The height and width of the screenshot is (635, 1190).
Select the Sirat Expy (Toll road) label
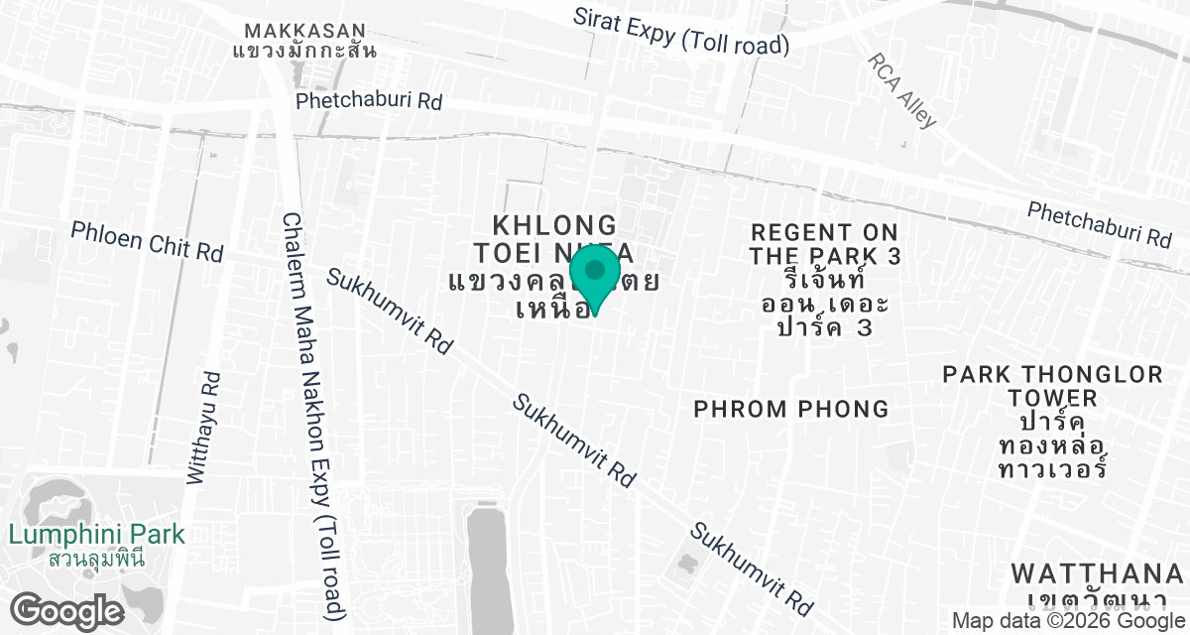click(x=681, y=32)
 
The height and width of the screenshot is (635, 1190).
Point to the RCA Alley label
click(x=902, y=90)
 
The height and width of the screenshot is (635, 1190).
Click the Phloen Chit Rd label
click(x=147, y=241)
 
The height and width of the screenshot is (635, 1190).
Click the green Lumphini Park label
click(x=96, y=535)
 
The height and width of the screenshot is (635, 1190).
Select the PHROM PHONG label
click(x=790, y=409)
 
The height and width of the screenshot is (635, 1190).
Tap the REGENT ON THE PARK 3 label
click(x=825, y=244)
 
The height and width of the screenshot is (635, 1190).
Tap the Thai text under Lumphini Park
click(x=96, y=558)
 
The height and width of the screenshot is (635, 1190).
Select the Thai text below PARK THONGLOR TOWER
click(x=1053, y=443)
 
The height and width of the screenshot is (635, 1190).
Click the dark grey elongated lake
click(x=487, y=566)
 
